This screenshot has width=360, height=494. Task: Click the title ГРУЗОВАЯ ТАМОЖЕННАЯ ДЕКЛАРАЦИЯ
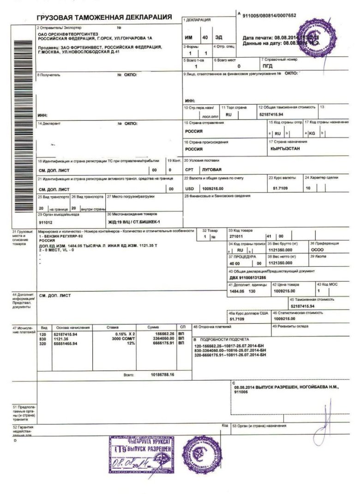pyautogui.click(x=104, y=17)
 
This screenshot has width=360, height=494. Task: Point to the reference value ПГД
pyautogui.click(x=268, y=66)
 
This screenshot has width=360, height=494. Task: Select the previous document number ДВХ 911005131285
pyautogui.click(x=247, y=277)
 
